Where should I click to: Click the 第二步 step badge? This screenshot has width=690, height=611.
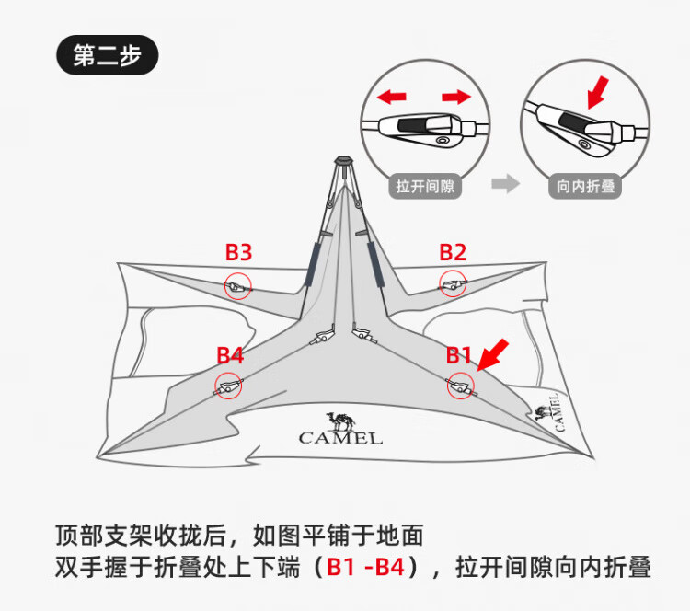(108, 55)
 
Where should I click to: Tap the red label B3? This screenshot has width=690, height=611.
(239, 252)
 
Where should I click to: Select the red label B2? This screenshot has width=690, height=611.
(453, 252)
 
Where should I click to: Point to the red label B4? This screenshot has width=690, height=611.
(230, 355)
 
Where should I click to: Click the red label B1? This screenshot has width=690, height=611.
(459, 355)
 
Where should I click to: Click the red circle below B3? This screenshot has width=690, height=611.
(238, 286)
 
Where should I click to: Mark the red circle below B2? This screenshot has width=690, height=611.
(453, 284)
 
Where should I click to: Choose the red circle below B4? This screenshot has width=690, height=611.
(228, 386)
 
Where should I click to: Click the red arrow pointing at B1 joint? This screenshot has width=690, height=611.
(494, 353)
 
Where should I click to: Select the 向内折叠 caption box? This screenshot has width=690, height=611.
(585, 185)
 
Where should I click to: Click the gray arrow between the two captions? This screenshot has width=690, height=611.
(505, 184)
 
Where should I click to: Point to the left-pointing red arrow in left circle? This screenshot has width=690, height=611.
(394, 96)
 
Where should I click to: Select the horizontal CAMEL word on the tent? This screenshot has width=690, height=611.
(340, 439)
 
